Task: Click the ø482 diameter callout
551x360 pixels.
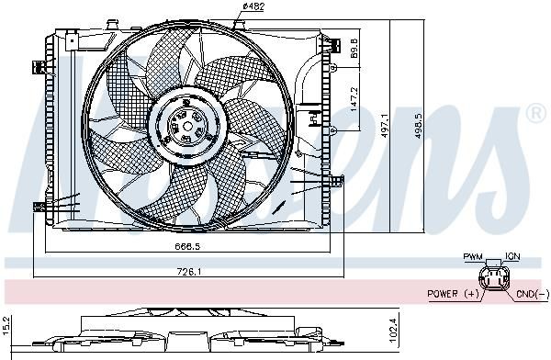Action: click(253, 6)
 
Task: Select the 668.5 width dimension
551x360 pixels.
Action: click(187, 246)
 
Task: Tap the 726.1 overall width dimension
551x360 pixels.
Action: click(188, 272)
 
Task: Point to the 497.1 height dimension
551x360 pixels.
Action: click(385, 125)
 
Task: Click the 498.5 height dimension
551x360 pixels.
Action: click(418, 125)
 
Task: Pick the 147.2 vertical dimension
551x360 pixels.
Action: click(354, 99)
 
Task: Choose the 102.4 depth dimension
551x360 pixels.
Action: click(393, 330)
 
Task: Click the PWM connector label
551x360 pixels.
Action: click(473, 256)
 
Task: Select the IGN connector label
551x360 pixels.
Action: click(512, 256)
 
